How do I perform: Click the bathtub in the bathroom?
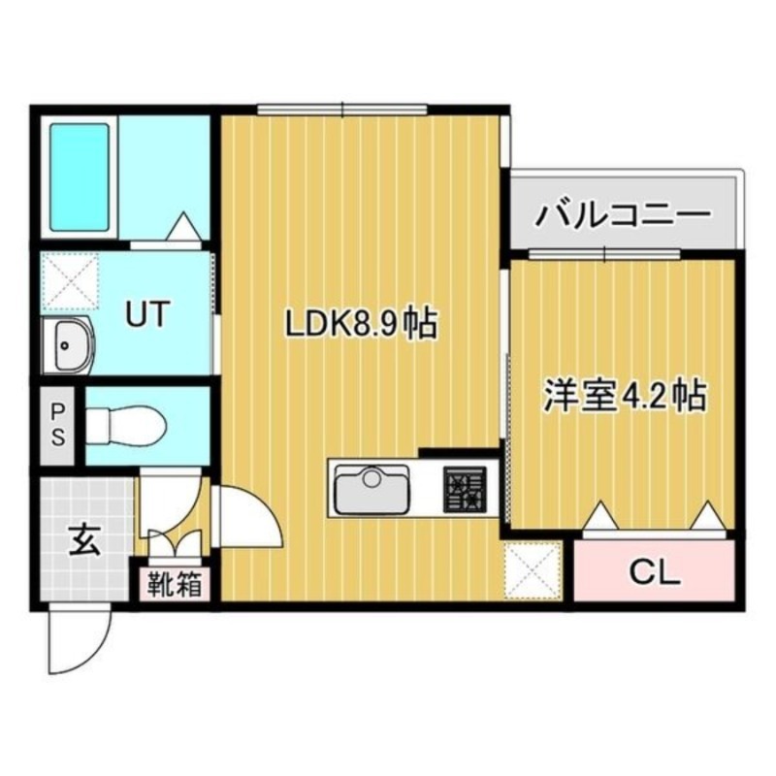click(79, 177)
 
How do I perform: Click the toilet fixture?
click(126, 425)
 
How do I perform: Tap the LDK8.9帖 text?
click(360, 323)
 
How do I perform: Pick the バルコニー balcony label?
click(627, 212)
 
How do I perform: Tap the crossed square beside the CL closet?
click(532, 570)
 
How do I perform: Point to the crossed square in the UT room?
click(68, 281)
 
